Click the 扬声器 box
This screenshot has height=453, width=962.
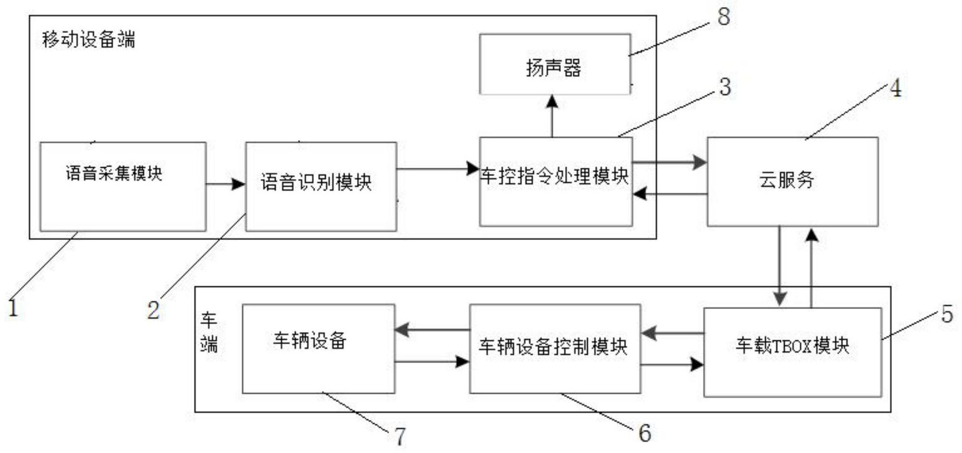pos(555,65)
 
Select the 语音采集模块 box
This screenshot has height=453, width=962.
pos(123,187)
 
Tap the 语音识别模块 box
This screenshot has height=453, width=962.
pos(321,187)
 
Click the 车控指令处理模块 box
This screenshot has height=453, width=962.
pos(555,181)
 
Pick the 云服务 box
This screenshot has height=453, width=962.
pos(792,181)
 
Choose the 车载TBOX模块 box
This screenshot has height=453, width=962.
pos(792,352)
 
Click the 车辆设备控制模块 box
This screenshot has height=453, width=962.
pos(555,348)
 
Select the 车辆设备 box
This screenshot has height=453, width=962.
pos(318,348)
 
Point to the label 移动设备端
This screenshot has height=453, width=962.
pos(88,39)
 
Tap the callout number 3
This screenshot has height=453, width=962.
pos(725,87)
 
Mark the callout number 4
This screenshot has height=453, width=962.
pos(895,88)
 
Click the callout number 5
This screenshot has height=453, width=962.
pos(947,314)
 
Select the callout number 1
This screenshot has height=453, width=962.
pos(13,308)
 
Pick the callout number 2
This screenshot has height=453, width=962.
pos(154,311)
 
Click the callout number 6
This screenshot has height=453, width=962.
pos(644,433)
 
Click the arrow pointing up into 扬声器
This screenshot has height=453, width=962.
pos(552,115)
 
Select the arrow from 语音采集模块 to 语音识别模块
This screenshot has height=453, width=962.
pos(225,184)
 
